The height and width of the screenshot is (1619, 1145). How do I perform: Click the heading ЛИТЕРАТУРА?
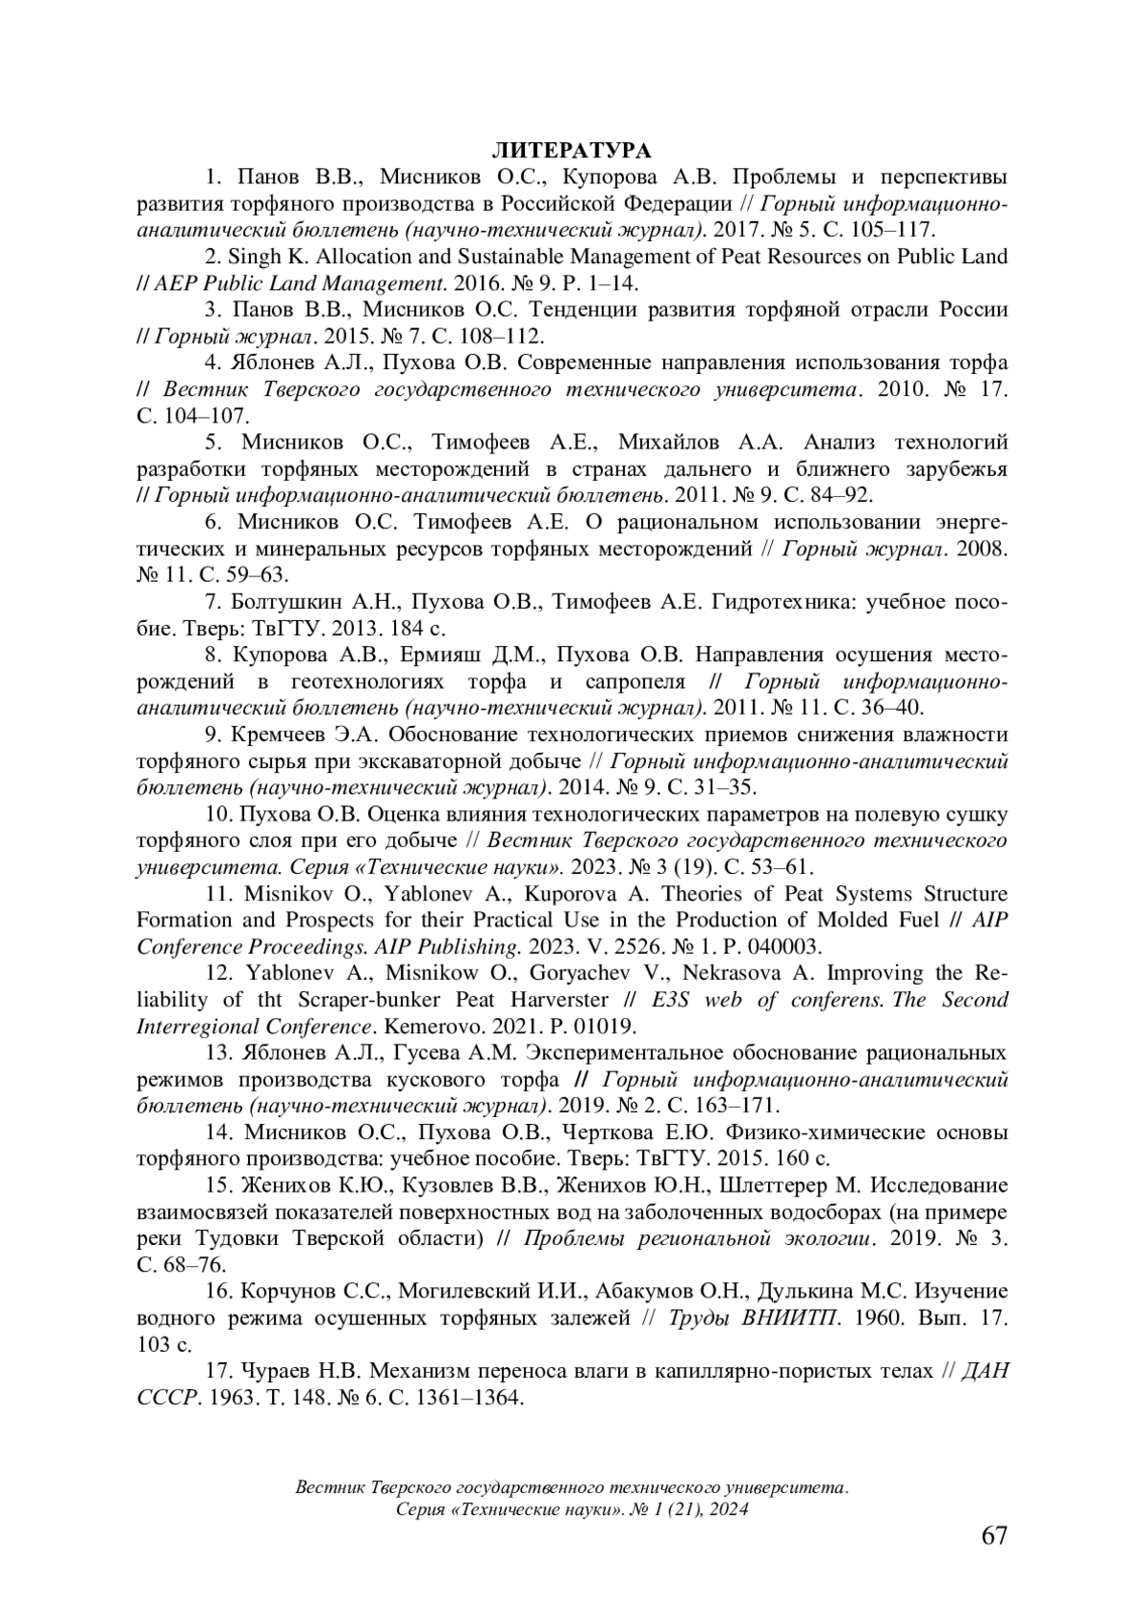572,151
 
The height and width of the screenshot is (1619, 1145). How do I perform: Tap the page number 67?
994,1535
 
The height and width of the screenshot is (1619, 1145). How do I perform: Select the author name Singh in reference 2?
256,257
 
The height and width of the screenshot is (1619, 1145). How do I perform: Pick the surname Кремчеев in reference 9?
273,735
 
